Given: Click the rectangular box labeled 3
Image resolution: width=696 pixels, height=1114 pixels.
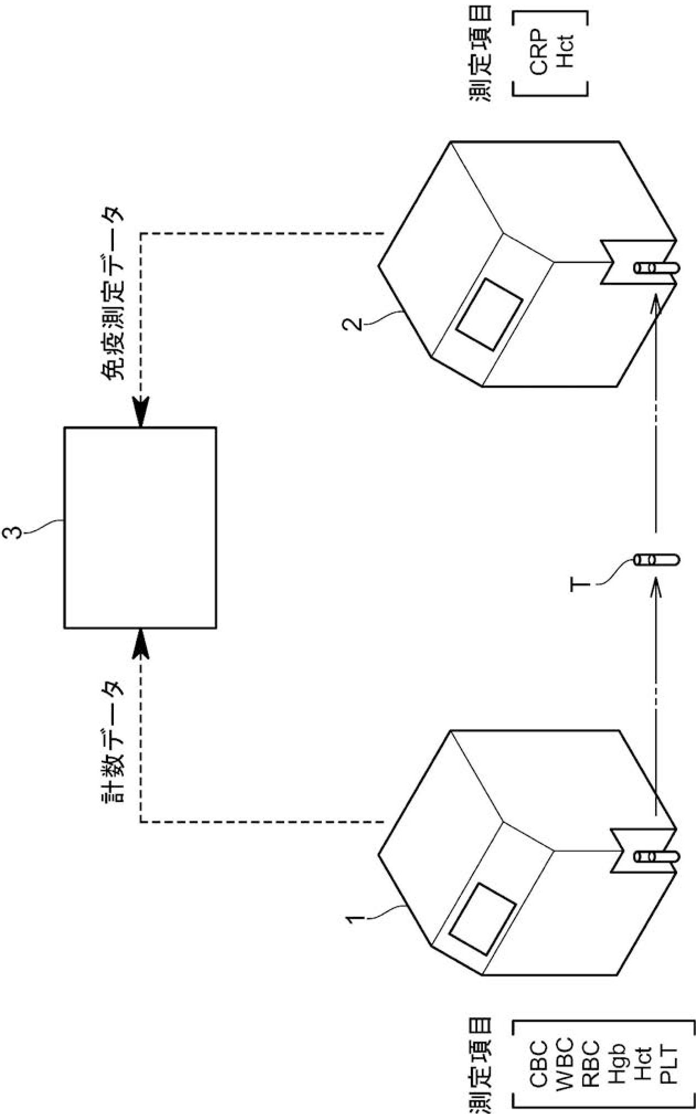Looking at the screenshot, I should (x=140, y=527).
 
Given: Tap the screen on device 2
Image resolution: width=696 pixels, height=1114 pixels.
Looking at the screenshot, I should (x=489, y=314).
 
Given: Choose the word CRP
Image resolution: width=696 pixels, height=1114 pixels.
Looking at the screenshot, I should (x=539, y=53).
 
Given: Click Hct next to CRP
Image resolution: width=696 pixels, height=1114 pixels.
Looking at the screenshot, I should (x=565, y=53).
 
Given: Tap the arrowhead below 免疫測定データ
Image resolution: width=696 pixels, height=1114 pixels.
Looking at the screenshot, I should (x=141, y=415).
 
